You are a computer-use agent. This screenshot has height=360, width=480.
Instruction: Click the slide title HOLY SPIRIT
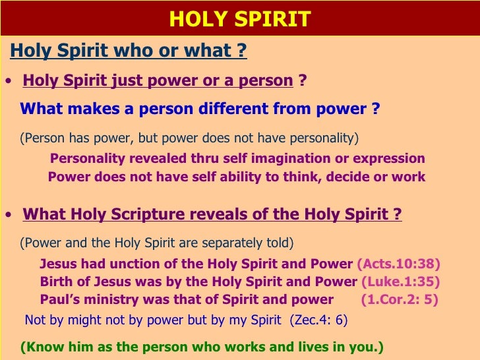tap(239, 18)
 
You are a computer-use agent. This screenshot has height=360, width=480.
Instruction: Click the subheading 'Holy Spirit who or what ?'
tap(129, 51)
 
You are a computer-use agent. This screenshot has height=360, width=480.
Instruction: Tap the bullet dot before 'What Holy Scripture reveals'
tap(7, 216)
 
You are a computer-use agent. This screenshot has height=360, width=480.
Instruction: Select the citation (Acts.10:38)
tap(398, 264)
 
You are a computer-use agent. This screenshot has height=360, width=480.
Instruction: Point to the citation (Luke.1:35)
tap(400, 282)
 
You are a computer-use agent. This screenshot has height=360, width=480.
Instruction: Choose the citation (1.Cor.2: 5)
tap(400, 299)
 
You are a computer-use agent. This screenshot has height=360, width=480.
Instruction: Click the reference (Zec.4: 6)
tap(318, 321)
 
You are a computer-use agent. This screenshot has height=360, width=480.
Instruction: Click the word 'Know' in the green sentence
tap(41, 347)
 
